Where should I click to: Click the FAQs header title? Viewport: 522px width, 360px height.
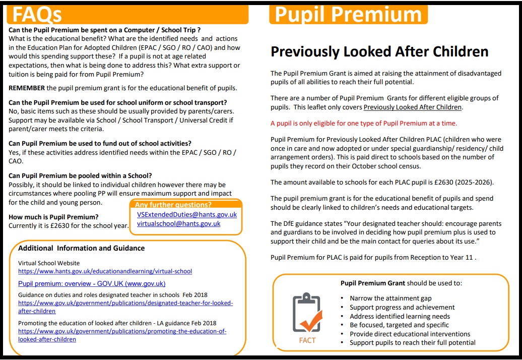point(37,15)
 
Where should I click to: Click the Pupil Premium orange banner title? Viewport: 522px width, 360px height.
point(348,15)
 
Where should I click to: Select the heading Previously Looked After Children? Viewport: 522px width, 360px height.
point(379,51)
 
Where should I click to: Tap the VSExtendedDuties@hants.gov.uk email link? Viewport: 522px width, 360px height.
point(186,214)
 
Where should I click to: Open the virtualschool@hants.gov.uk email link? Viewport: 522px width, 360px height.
point(178,223)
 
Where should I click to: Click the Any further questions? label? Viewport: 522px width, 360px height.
point(173,205)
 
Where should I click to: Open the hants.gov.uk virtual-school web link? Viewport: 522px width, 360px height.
point(105,271)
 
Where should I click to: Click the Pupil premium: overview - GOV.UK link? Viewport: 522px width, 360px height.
point(92,283)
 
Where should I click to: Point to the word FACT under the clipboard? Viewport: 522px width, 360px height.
point(307,340)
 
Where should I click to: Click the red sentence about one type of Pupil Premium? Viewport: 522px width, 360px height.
point(364,123)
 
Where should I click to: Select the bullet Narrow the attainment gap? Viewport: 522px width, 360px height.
point(390,298)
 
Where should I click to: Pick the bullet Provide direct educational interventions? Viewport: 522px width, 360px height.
point(410,334)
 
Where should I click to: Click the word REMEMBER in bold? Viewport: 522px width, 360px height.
point(26,88)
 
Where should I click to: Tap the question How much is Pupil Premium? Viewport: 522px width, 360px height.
point(53,217)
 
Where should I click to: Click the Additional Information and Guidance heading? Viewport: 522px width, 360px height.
point(81,248)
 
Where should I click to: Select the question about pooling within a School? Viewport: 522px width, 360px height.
point(80,175)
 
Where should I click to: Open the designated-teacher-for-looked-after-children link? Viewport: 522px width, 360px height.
point(125,307)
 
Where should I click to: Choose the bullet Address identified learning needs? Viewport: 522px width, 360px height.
point(400,316)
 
